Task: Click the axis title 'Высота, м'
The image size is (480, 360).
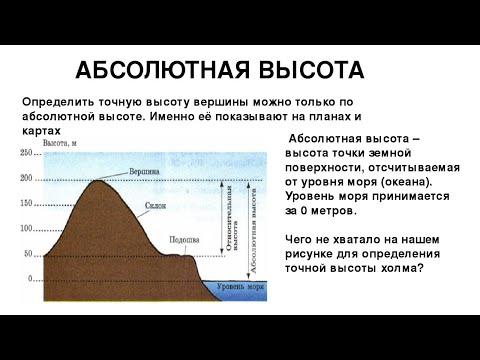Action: pos(63,144)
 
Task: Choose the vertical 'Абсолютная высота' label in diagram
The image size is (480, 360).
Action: pos(253,229)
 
